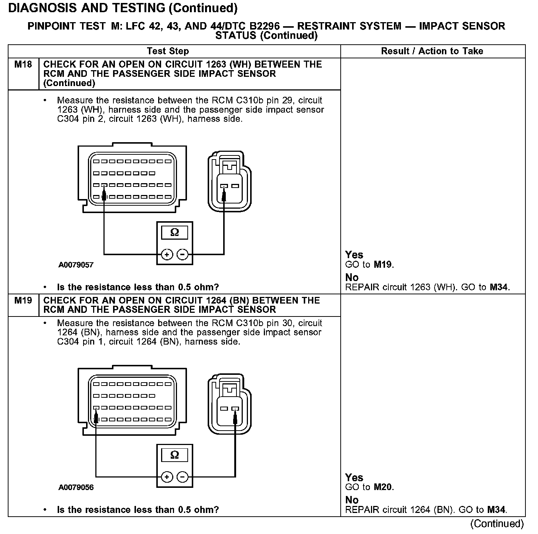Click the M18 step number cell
click(x=23, y=65)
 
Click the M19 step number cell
click(x=23, y=301)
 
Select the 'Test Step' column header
click(x=168, y=51)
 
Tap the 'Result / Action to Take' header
click(x=432, y=51)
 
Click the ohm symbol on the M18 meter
click(x=175, y=233)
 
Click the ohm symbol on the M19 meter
click(x=175, y=455)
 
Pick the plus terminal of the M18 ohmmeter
click(x=167, y=254)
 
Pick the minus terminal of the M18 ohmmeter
click(x=183, y=254)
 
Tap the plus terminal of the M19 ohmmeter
click(x=167, y=477)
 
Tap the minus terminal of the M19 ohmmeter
click(x=183, y=477)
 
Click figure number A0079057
click(x=76, y=265)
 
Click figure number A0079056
click(x=76, y=487)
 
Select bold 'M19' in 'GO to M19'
click(x=383, y=265)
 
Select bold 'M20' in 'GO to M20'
click(x=383, y=487)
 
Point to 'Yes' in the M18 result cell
click(x=354, y=255)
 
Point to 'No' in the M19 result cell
click(x=352, y=500)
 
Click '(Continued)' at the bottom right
click(x=497, y=524)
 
